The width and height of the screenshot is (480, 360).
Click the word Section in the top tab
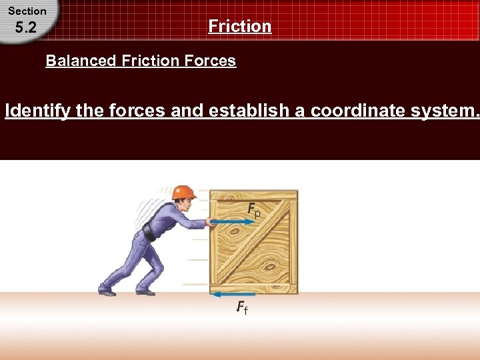[x=27, y=11]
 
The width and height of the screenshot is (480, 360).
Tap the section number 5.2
[x=25, y=28]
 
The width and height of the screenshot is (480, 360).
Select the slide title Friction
[x=240, y=26]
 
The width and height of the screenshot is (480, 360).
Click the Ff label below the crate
[x=241, y=307]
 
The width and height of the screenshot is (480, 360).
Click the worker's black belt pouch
[x=149, y=233]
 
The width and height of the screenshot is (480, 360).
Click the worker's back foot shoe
[x=107, y=291]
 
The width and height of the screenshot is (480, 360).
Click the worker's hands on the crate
[x=210, y=223]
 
